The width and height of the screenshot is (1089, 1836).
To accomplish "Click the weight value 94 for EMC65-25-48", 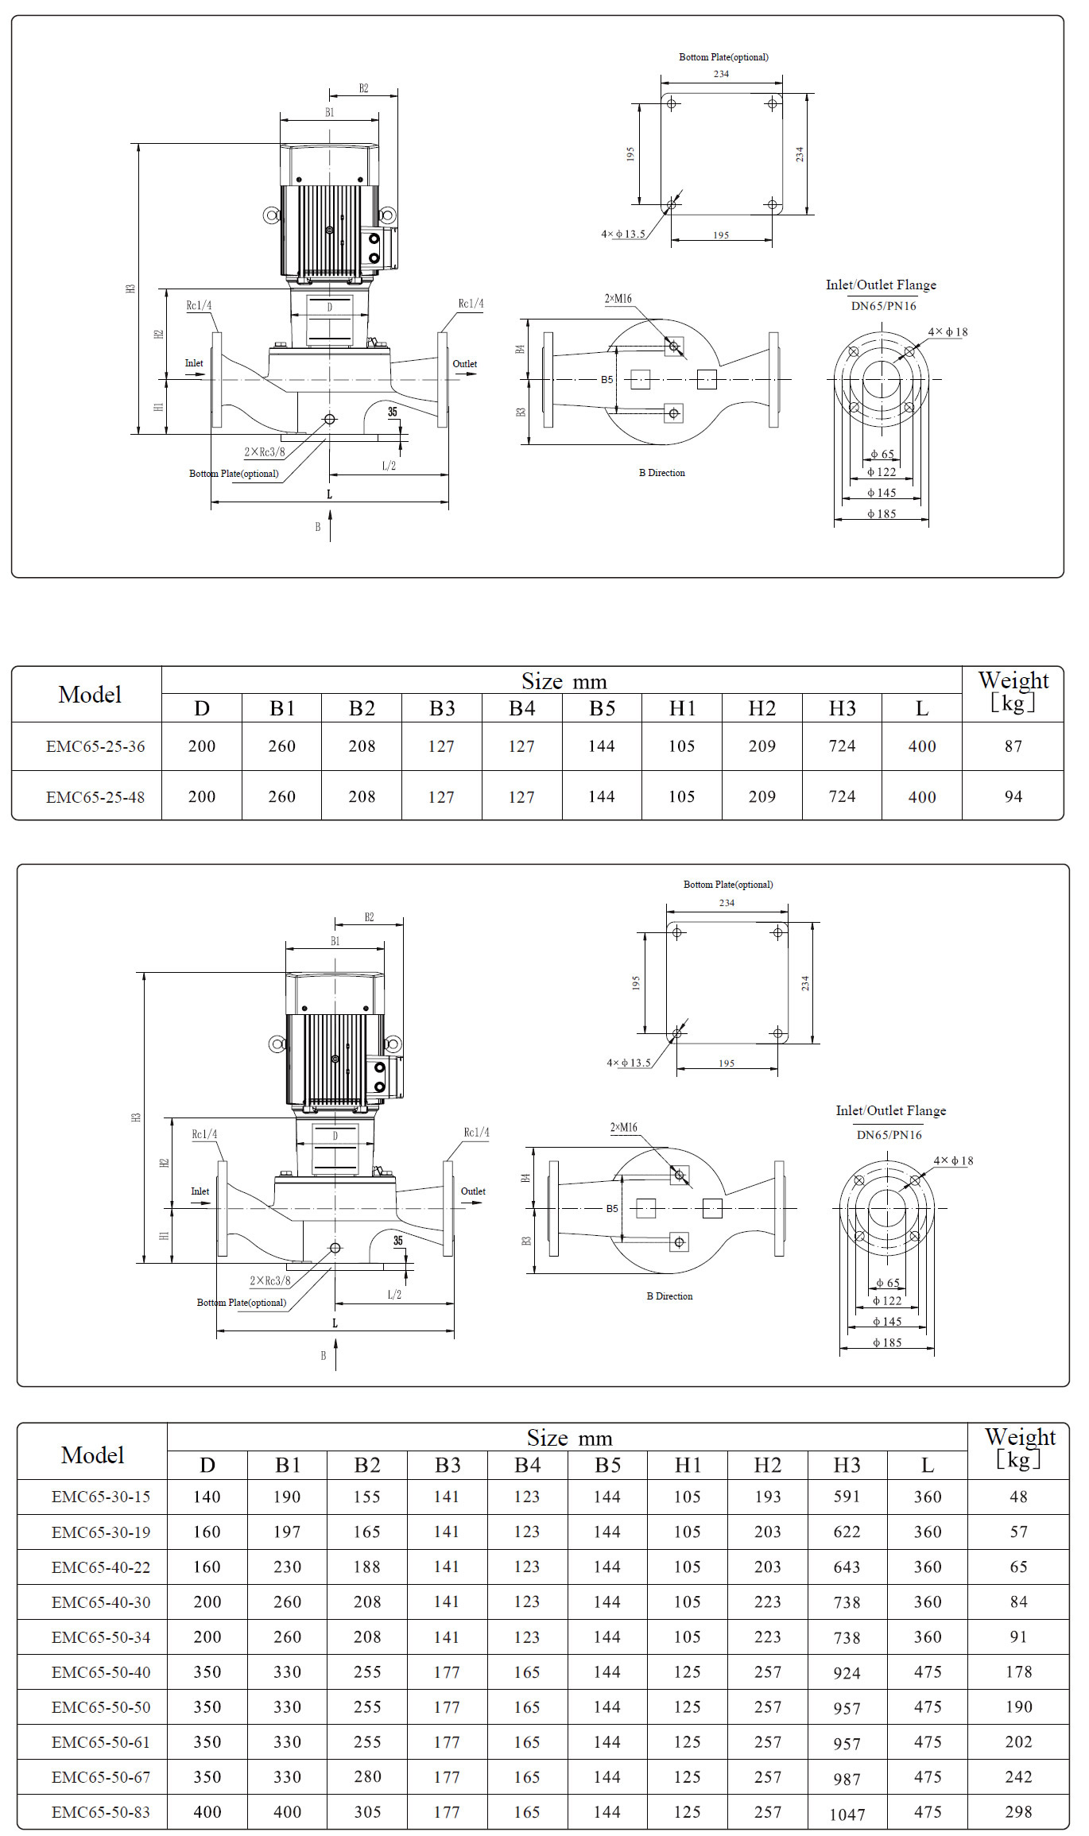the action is click(x=1013, y=796).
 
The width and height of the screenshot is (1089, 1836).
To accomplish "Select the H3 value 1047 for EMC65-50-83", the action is click(x=847, y=1815).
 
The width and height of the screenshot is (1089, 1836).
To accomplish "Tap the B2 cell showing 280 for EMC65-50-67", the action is click(x=367, y=1776).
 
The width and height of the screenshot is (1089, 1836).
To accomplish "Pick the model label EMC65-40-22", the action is click(x=101, y=1567).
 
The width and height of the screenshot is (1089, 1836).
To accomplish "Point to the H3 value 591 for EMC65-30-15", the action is click(x=847, y=1497).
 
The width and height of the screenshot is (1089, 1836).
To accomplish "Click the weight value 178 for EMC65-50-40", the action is click(x=1018, y=1671).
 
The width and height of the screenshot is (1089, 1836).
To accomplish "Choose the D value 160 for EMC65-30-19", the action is click(x=207, y=1532).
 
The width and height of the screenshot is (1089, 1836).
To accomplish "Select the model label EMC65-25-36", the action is click(x=95, y=746).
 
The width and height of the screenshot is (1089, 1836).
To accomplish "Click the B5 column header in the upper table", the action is click(x=602, y=708).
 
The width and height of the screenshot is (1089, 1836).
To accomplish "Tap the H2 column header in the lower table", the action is click(x=767, y=1465).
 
